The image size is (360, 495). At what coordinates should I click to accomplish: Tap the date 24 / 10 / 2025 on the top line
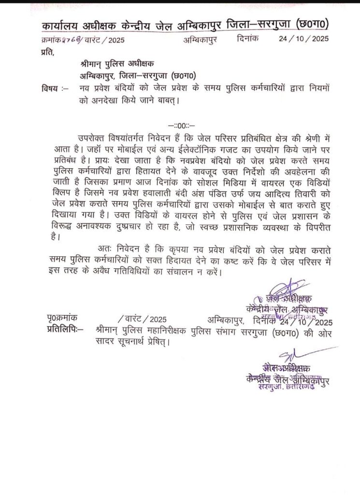(307, 40)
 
